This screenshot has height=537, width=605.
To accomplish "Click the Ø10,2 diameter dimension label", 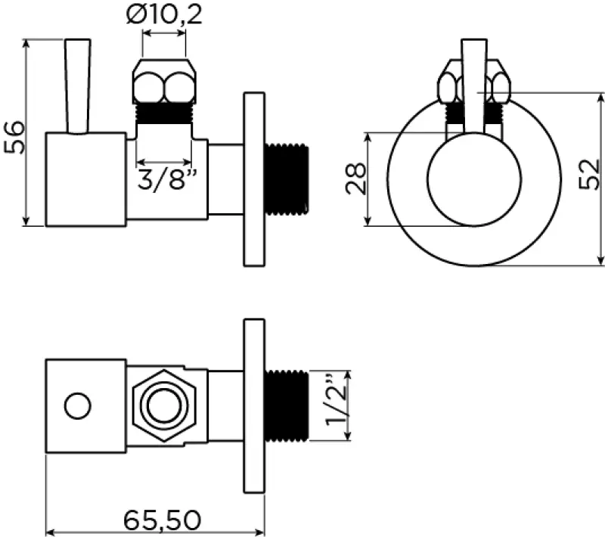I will pos(164,16).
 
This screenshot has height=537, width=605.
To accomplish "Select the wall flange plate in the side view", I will pos(253,178).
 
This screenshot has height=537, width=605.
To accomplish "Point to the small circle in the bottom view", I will pos(77,406).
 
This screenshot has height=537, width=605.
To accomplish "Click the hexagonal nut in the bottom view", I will pos(163,406).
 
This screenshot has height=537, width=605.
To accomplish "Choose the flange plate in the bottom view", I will pos(253,406).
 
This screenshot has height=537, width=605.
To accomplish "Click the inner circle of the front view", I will pos(474,180).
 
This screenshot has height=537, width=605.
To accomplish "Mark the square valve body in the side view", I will pos(85,179).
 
